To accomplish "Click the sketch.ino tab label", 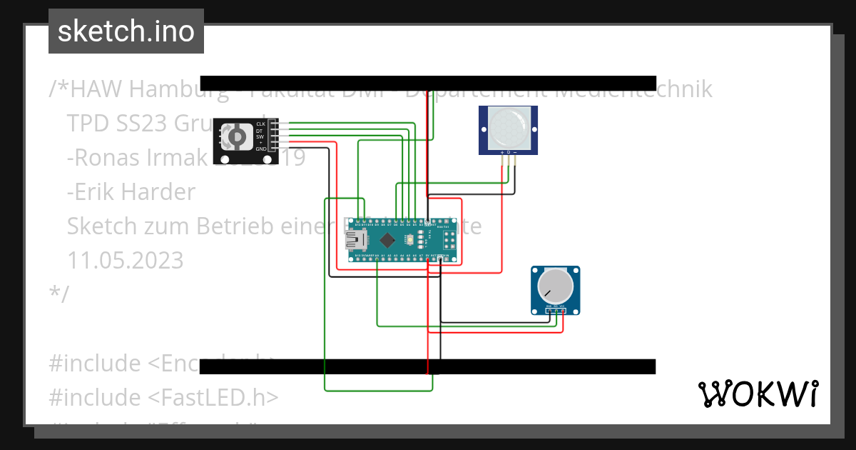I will [126, 31].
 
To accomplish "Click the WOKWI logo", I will [758, 394].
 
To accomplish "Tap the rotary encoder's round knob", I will [234, 137].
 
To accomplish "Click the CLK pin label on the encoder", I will [260, 124].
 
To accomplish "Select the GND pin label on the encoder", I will [260, 149].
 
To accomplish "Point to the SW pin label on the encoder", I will [260, 136].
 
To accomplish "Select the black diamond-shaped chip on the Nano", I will [387, 239].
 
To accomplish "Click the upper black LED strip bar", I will [428, 83].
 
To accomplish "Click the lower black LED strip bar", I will [428, 366].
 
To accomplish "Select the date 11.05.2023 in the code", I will [125, 260].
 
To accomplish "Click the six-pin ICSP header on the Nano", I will [449, 239].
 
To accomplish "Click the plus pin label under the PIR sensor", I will [502, 153].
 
